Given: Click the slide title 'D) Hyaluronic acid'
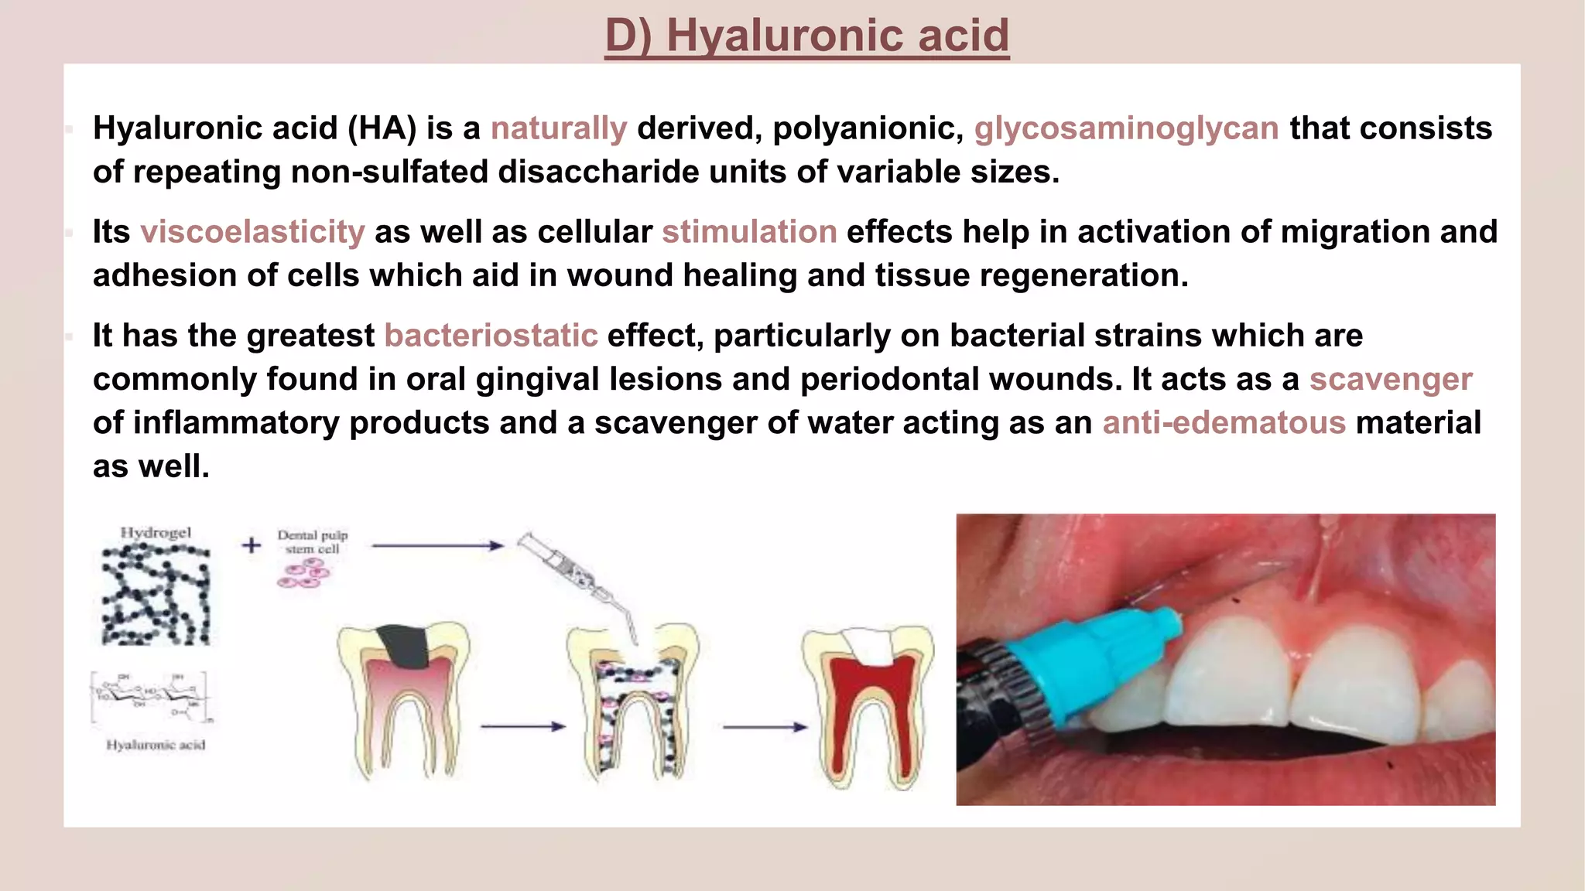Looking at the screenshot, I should click(806, 36).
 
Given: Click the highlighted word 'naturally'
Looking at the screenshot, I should click(558, 128).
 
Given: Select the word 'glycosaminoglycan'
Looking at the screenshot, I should click(1126, 128).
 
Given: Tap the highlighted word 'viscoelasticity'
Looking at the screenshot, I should click(252, 232).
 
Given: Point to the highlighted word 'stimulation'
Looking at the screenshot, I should click(749, 232).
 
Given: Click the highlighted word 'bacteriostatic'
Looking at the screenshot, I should click(491, 336).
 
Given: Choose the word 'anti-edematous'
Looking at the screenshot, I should click(1224, 423).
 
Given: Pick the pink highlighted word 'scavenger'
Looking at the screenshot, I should click(1390, 380).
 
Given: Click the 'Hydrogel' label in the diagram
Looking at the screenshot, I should click(156, 533).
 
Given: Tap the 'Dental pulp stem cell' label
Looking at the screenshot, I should click(313, 541).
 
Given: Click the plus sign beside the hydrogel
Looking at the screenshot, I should click(252, 545).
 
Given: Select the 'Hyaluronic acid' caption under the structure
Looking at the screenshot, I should click(156, 745).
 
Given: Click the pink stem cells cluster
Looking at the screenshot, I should click(303, 575).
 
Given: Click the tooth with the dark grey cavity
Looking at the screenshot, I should click(403, 696).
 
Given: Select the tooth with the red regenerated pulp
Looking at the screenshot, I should click(868, 704).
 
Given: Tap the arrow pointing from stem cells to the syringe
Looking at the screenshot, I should click(437, 546).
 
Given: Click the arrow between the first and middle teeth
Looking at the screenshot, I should click(522, 726).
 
